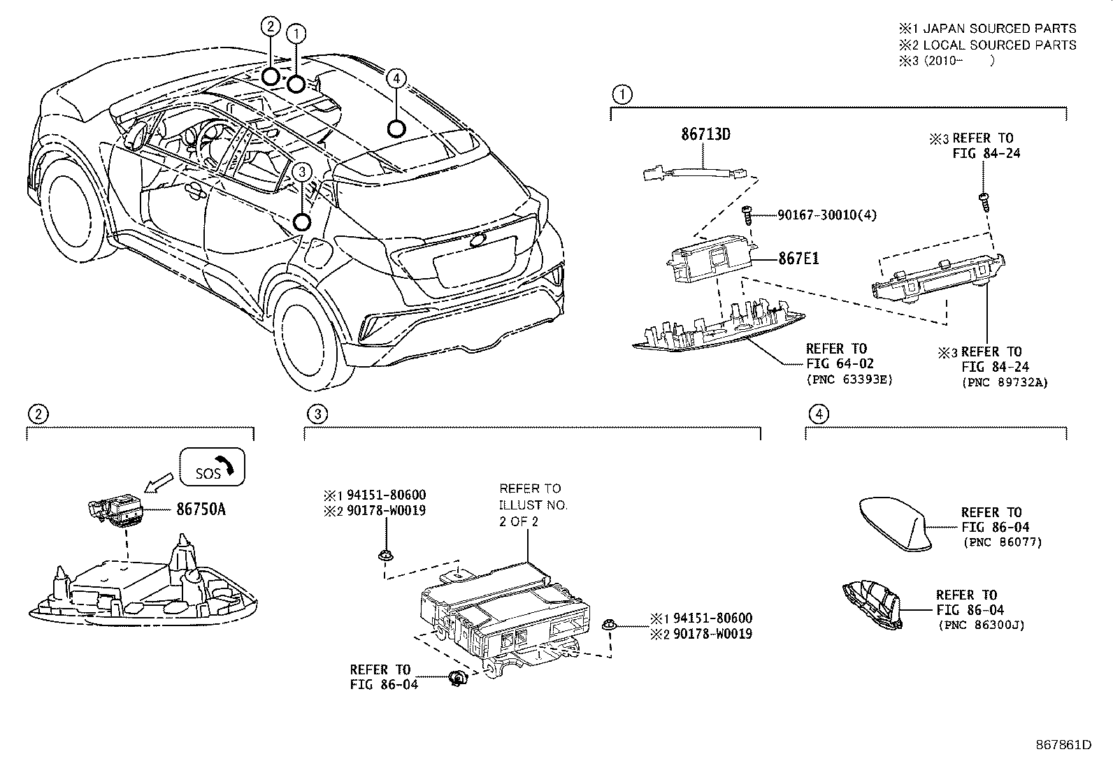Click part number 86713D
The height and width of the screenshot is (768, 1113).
tap(705, 133)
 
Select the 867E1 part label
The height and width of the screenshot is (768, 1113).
tap(798, 258)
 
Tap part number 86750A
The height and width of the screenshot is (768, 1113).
tap(201, 509)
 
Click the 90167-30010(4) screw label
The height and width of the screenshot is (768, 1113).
tap(826, 215)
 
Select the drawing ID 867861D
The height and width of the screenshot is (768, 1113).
tap(1063, 744)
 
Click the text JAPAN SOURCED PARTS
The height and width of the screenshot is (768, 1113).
tap(1000, 29)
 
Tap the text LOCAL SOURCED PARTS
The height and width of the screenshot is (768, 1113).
tap(1000, 45)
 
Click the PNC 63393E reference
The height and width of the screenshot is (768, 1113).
tap(849, 379)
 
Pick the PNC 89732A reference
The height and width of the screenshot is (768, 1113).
tap(1005, 382)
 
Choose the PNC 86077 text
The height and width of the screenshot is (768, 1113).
tap(1002, 542)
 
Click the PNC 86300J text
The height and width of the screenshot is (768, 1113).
tap(982, 625)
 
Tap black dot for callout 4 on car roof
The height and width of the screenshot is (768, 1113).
tap(396, 129)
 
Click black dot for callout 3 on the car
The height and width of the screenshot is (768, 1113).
tap(301, 222)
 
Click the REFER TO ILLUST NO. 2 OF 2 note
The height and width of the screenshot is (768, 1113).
tap(533, 505)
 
